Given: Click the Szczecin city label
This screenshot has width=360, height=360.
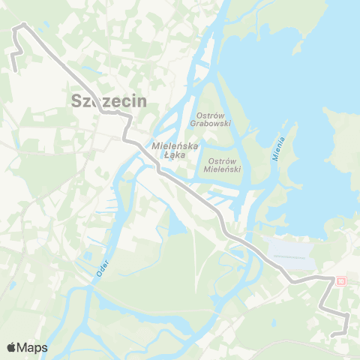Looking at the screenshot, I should (x=108, y=101).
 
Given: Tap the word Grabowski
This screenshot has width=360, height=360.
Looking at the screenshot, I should (x=211, y=123).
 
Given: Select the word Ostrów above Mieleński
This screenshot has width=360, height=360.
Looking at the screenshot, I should (x=222, y=161).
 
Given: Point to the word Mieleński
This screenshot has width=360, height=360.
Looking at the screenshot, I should (x=223, y=170).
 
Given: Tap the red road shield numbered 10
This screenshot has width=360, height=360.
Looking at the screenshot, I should (x=341, y=280).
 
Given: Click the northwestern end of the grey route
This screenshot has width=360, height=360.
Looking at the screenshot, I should (x=15, y=70).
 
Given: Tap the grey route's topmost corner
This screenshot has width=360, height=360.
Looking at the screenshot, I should (x=23, y=25).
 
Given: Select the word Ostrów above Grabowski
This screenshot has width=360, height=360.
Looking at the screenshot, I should (x=211, y=115).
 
